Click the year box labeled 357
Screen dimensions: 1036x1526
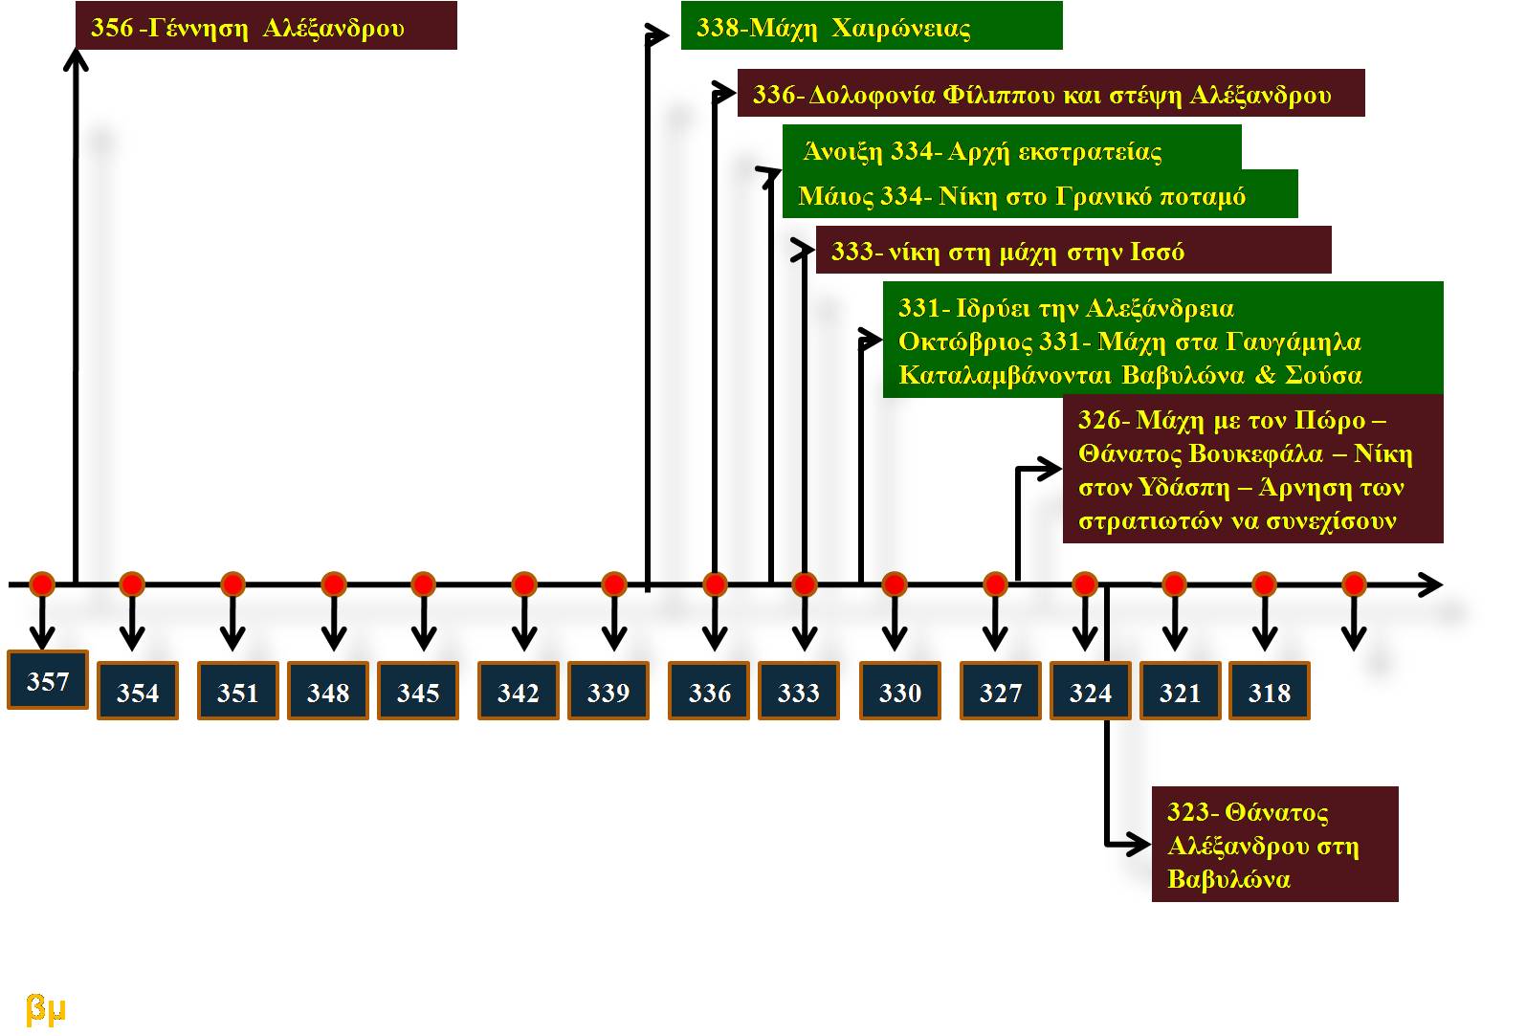[x=48, y=680]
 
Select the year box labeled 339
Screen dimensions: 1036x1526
[x=608, y=692]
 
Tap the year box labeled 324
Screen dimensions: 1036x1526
[x=1091, y=692]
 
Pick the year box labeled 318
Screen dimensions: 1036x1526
[x=1270, y=692]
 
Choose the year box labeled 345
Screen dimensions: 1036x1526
[x=418, y=692]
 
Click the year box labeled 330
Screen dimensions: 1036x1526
[x=900, y=692]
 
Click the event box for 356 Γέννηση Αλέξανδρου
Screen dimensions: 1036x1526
[x=266, y=27]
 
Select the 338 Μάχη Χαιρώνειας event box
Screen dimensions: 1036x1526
[x=871, y=27]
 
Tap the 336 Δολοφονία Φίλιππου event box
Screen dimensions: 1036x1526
[x=1051, y=94]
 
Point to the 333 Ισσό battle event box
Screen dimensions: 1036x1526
[x=1073, y=251]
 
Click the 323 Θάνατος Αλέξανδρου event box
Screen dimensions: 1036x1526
[x=1274, y=845]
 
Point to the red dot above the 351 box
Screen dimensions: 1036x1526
[x=232, y=584]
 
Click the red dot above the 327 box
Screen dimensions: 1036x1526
[x=995, y=584]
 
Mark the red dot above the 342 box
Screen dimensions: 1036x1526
[x=523, y=584]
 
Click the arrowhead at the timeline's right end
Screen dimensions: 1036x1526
[x=1431, y=584]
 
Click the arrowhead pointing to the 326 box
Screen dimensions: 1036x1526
[x=1051, y=469]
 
